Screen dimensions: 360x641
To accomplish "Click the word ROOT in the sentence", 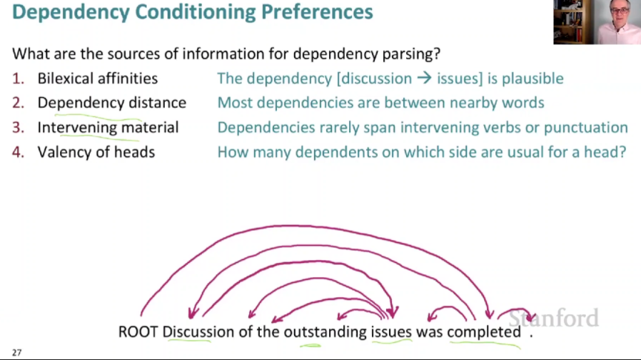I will [x=138, y=332].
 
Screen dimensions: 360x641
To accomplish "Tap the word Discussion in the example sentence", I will [x=198, y=332].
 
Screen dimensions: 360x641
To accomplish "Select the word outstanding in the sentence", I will [x=325, y=332].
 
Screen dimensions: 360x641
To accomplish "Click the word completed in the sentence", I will [x=484, y=332].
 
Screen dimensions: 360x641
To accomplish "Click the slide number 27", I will [x=16, y=352].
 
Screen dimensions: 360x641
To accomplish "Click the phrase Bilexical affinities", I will [x=98, y=79].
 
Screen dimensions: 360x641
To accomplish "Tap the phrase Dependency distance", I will [x=112, y=103].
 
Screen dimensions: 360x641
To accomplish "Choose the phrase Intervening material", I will [x=108, y=127].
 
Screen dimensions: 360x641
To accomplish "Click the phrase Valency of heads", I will [x=96, y=151].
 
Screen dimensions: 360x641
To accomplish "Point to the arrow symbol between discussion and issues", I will [x=424, y=79].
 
